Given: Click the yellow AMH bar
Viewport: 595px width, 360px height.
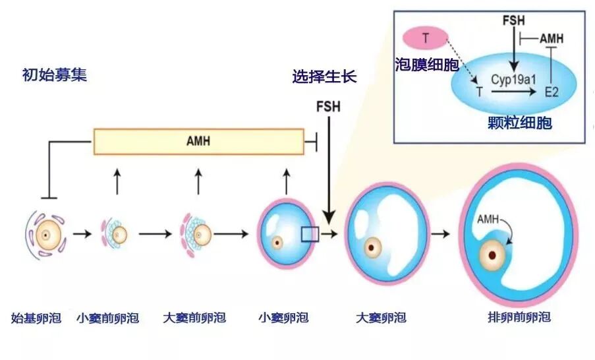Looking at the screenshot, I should [x=198, y=141].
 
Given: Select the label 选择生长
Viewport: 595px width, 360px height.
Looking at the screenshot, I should [x=324, y=76].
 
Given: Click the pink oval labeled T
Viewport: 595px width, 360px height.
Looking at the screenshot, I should [x=426, y=38].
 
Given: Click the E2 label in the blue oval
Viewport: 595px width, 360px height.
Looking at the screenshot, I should [x=552, y=94].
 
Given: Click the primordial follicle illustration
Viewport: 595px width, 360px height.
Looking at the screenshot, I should [x=44, y=233].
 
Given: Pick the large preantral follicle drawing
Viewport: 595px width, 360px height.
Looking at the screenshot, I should [x=196, y=233].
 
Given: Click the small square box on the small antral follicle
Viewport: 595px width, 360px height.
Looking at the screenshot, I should [x=310, y=234].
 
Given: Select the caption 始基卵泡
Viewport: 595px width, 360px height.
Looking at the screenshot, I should [x=36, y=318].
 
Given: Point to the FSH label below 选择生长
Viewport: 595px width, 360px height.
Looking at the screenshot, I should [x=328, y=106].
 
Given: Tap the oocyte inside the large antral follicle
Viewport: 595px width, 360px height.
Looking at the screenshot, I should [x=374, y=248].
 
